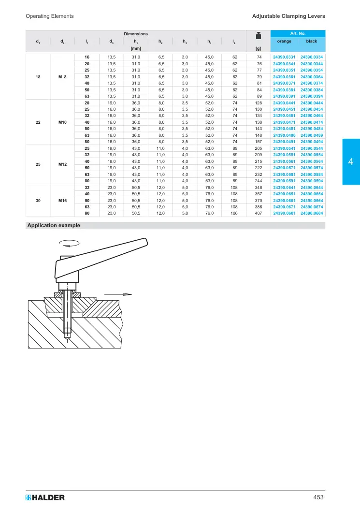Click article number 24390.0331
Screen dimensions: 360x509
coord(284,57)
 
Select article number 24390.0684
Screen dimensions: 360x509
coord(312,213)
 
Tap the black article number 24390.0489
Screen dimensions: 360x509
coord(312,135)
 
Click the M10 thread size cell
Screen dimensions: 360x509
coord(62,122)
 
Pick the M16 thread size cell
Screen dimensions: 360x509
coord(62,201)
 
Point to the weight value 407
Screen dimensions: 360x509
coord(259,213)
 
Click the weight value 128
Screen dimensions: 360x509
coord(259,103)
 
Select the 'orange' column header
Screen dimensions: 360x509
coord(284,41)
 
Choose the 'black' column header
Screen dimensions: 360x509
coord(312,41)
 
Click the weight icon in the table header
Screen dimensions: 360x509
coord(259,35)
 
